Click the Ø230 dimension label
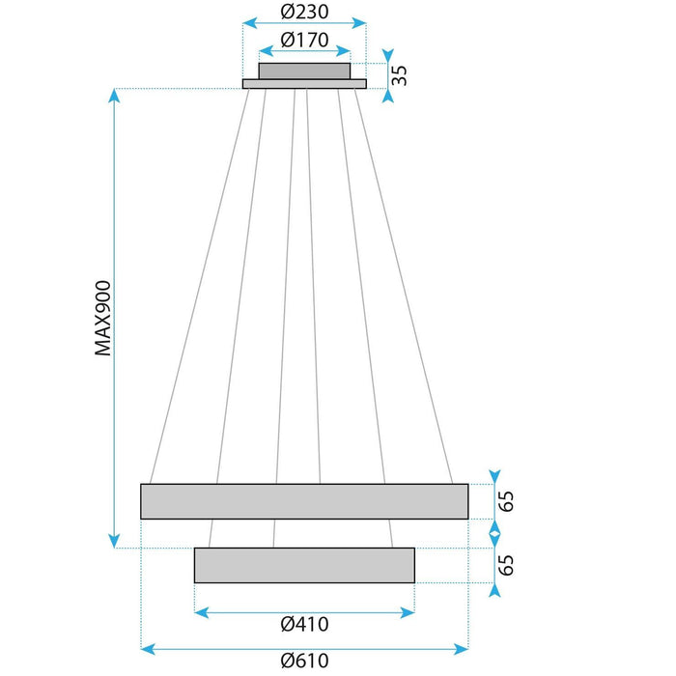(x=304, y=12)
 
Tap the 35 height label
(x=399, y=75)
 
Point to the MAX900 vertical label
(x=103, y=319)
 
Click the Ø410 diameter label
(x=304, y=625)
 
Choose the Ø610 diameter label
(x=304, y=662)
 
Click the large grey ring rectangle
(x=304, y=501)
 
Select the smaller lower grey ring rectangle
(x=304, y=565)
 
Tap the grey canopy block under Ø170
(x=304, y=70)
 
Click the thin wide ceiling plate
(x=304, y=84)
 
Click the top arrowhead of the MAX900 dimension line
(x=115, y=94)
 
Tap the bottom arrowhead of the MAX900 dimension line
(x=115, y=543)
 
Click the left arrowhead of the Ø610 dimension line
(x=147, y=647)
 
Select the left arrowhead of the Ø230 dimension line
(x=247, y=21)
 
